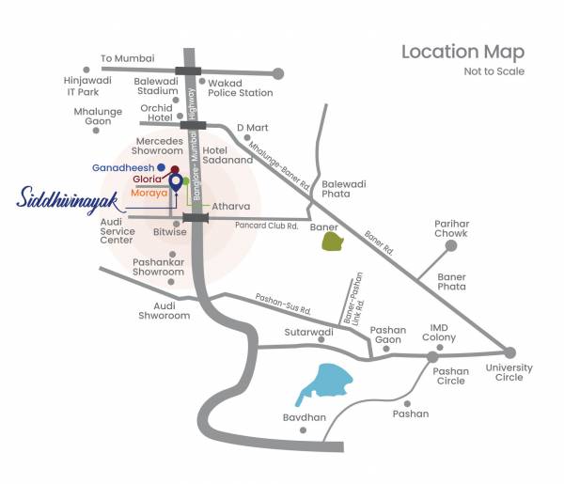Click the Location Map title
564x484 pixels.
462,52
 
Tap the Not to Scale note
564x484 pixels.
493,71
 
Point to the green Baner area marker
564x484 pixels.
332,242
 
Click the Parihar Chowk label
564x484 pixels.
451,229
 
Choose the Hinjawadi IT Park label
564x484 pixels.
88,86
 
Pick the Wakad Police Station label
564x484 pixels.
240,87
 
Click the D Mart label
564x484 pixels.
252,127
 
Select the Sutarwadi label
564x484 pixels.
309,333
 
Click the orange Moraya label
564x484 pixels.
149,192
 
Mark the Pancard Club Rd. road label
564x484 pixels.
266,226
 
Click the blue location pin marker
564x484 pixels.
175,183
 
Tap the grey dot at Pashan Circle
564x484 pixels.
432,357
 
